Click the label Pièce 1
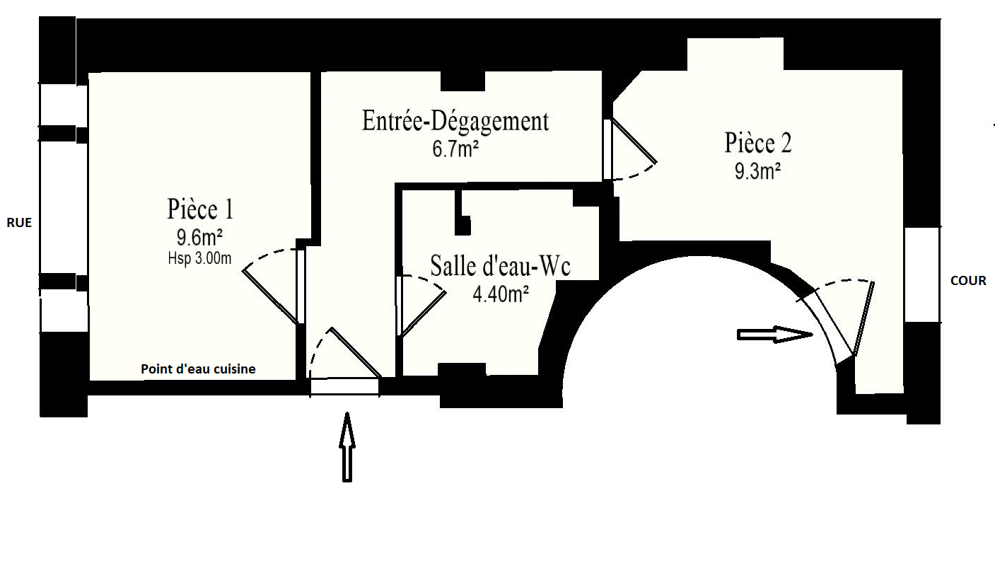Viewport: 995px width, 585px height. click(200, 209)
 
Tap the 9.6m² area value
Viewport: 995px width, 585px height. click(199, 237)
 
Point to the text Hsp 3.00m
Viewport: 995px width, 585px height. click(199, 258)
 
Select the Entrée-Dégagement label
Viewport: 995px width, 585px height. click(455, 121)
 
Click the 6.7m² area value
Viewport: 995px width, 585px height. click(455, 149)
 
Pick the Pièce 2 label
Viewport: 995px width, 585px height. click(758, 142)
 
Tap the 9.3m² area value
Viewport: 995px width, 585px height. click(758, 171)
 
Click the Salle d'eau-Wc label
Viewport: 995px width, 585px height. click(500, 266)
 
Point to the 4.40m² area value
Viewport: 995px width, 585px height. click(501, 294)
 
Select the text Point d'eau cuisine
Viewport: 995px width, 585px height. click(198, 369)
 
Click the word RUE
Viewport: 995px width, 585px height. click(19, 223)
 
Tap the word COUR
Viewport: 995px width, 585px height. click(968, 281)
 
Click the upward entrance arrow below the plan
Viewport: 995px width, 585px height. click(347, 447)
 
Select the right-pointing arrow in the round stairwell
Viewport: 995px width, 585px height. click(774, 335)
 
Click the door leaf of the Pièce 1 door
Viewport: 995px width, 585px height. click(270, 296)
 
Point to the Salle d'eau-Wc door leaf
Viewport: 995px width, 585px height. click(424, 313)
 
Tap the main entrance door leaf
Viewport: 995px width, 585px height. click(355, 353)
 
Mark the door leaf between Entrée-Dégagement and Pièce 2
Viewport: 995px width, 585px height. click(634, 140)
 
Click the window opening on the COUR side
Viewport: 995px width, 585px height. click(922, 275)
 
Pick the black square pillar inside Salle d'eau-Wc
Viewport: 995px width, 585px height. click(463, 226)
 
